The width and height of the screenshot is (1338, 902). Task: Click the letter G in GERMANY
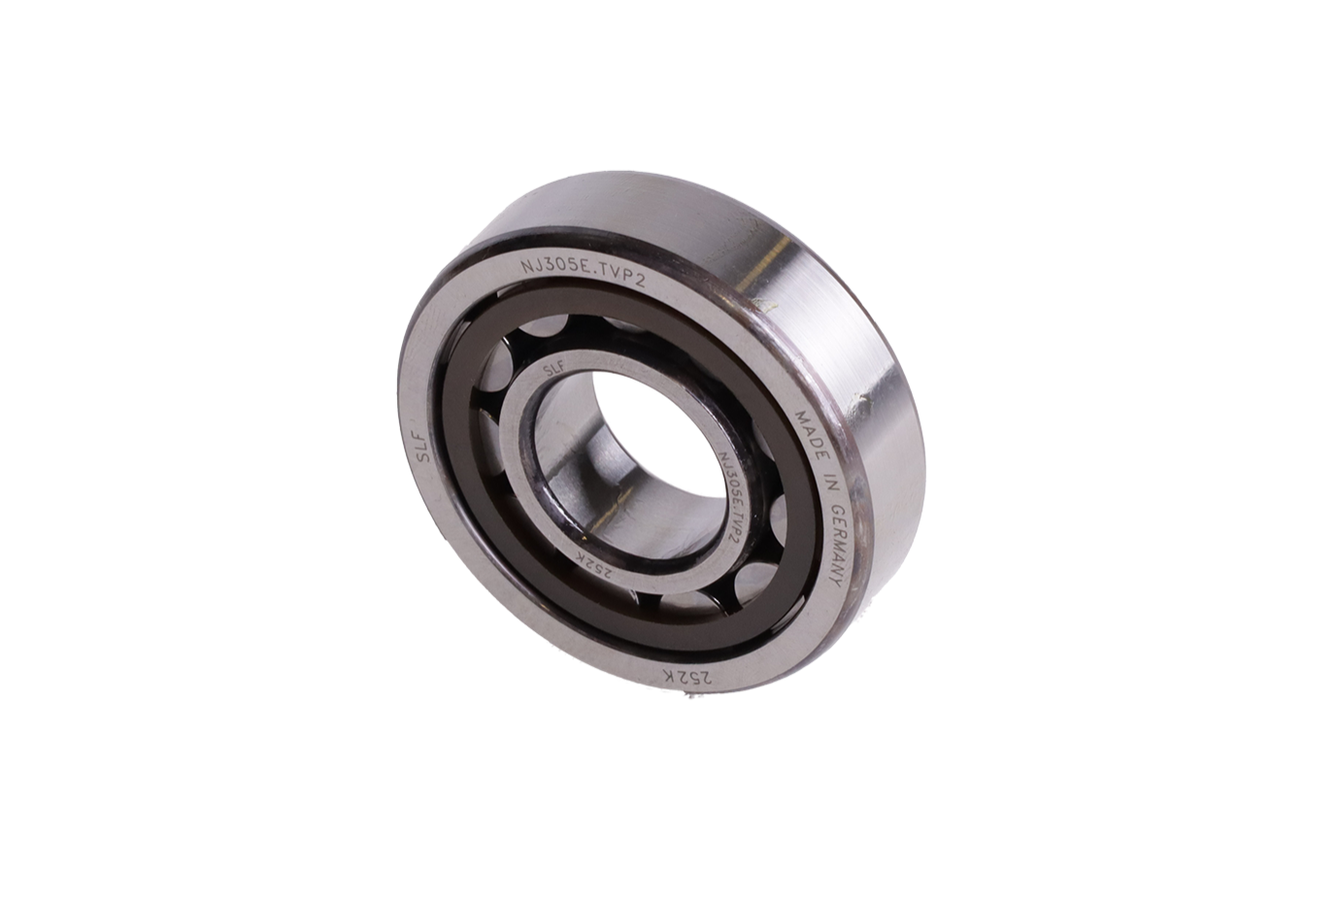coord(831,509)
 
